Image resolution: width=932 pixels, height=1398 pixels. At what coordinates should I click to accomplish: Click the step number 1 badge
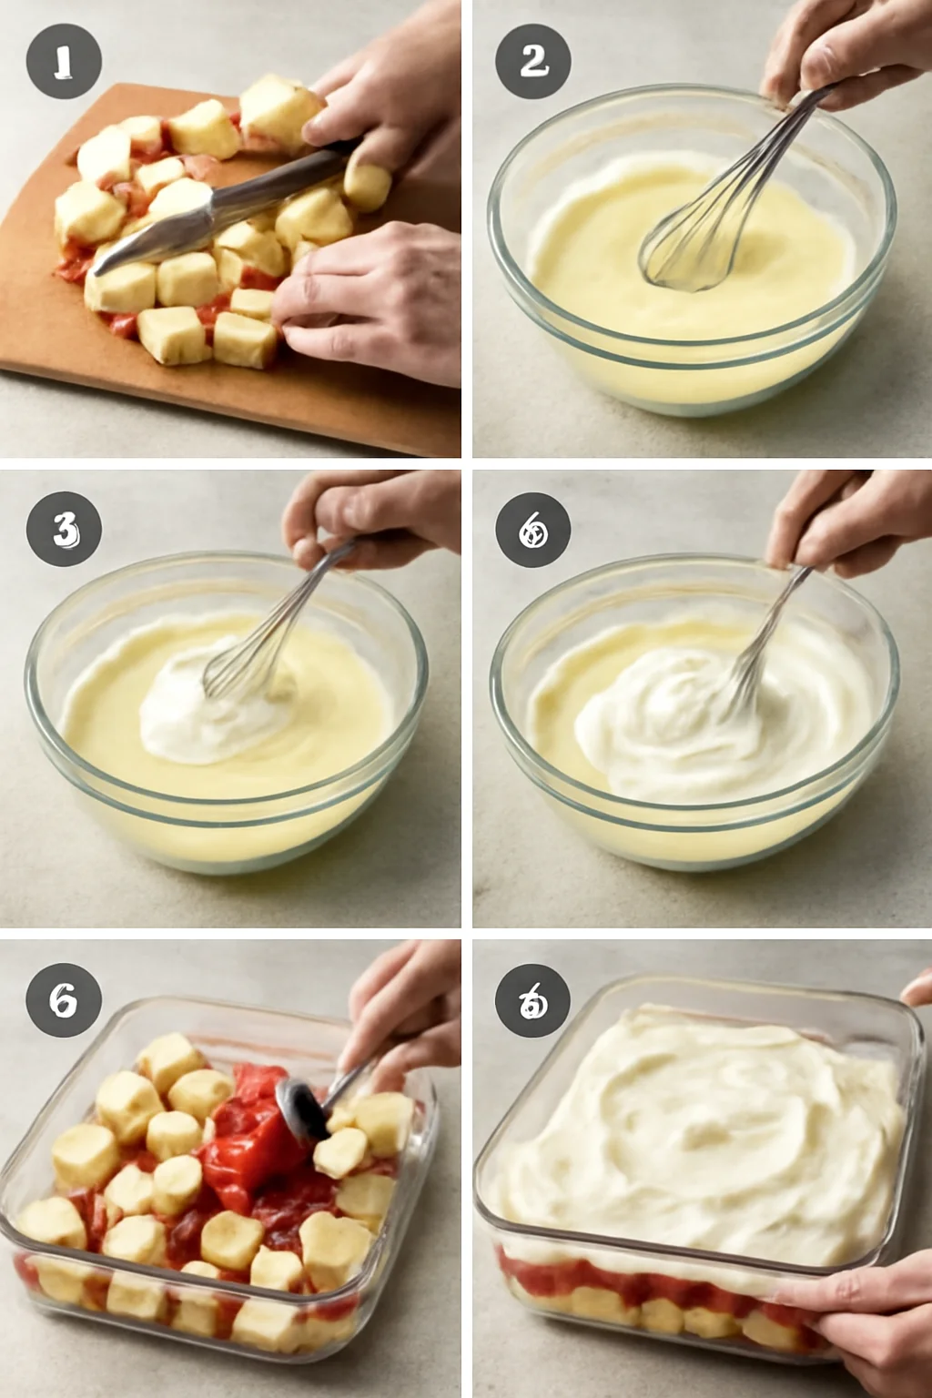pyautogui.click(x=63, y=62)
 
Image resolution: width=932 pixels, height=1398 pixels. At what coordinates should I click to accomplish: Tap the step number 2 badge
pyautogui.click(x=532, y=62)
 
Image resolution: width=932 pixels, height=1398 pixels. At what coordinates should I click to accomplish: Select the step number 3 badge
pyautogui.click(x=63, y=529)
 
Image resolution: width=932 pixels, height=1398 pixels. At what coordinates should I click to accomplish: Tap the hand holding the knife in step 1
pyautogui.click(x=382, y=100)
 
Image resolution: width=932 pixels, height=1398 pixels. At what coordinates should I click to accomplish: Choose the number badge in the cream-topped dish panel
pyautogui.click(x=532, y=1001)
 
